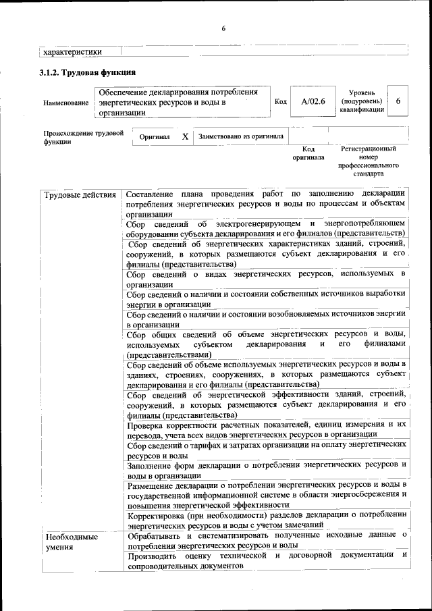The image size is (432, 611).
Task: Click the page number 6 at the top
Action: [223, 28]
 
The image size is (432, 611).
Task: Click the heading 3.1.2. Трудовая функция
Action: [88, 72]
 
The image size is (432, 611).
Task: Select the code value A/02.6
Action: [313, 101]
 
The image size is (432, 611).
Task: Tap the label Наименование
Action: [65, 103]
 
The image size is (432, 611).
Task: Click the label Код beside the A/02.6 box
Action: [281, 102]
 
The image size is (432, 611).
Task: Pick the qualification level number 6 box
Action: [398, 101]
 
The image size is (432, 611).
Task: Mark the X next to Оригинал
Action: [185, 136]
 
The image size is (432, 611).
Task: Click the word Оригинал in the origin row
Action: [155, 136]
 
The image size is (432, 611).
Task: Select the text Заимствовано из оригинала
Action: [241, 136]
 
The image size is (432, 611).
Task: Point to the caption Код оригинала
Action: [308, 153]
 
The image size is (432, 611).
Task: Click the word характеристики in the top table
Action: [72, 51]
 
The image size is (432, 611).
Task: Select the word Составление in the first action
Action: [153, 195]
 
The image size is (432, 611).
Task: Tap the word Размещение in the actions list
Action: [151, 485]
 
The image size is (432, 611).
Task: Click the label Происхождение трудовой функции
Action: [83, 137]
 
